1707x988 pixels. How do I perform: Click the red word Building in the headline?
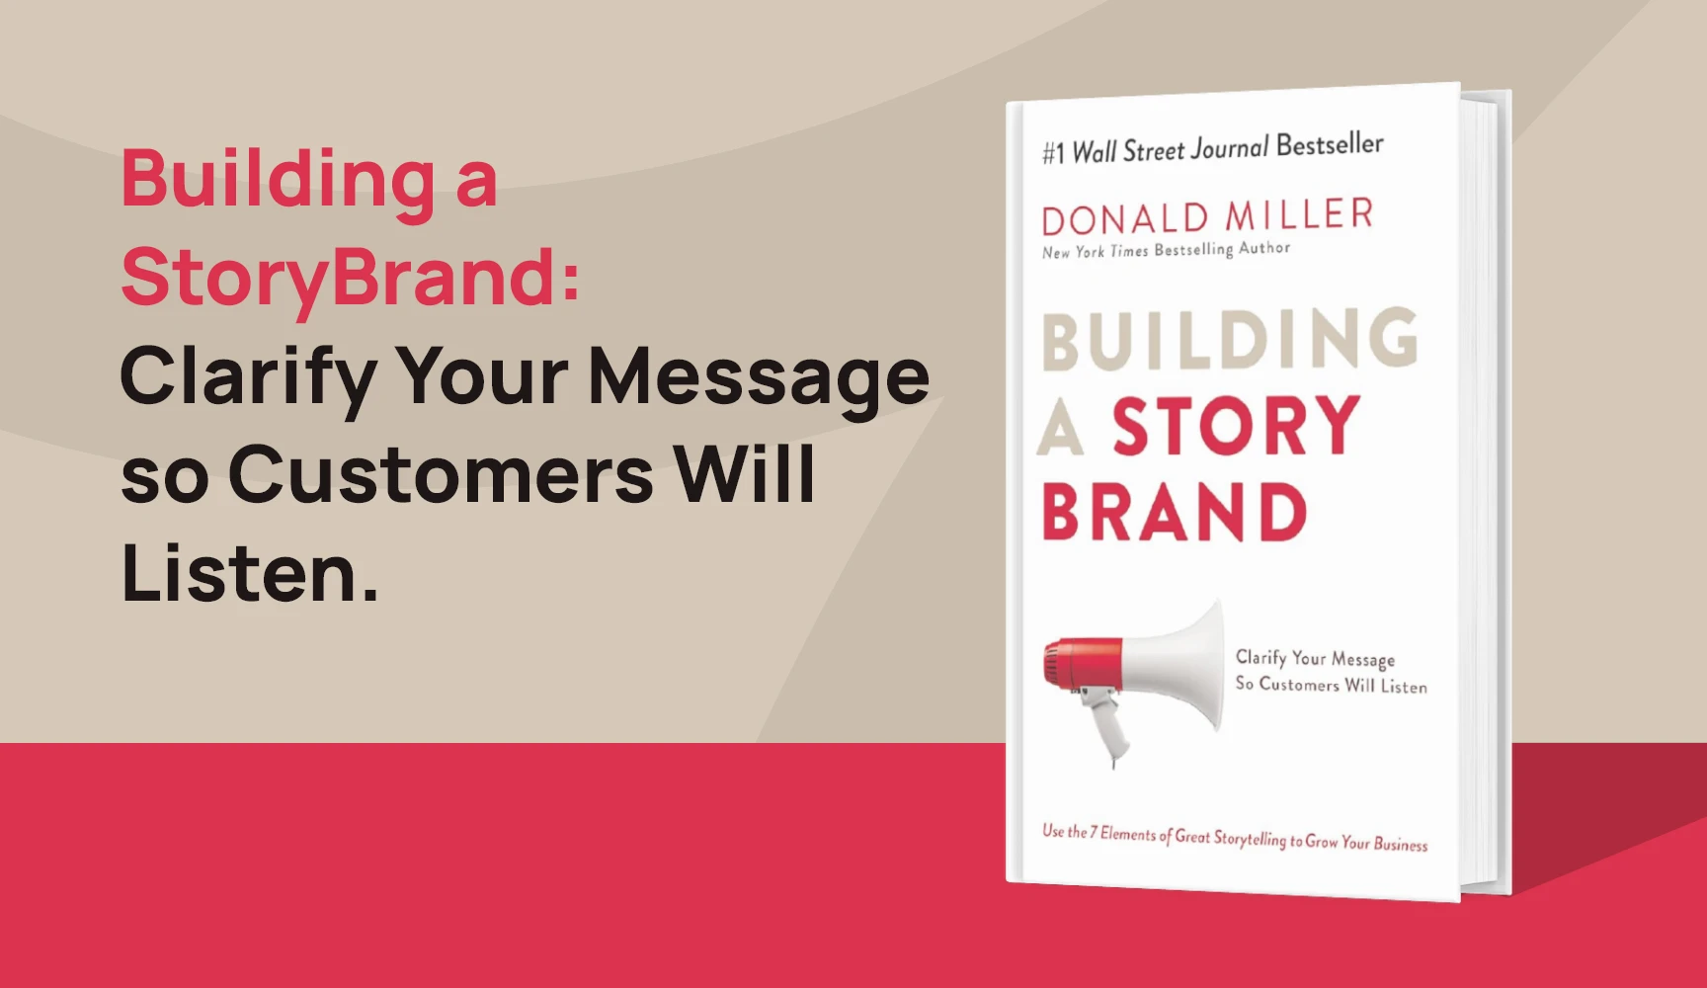(x=277, y=180)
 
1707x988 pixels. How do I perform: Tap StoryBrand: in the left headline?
(x=350, y=277)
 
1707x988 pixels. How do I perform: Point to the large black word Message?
(x=759, y=376)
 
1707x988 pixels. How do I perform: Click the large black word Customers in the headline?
(x=441, y=474)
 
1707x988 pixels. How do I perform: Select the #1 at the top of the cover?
(x=1053, y=153)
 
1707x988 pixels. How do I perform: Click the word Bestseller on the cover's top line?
(x=1330, y=145)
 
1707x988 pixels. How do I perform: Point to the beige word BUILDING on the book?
(x=1230, y=340)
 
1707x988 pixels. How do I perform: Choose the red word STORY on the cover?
(x=1237, y=426)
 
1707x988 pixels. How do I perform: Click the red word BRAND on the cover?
(x=1175, y=513)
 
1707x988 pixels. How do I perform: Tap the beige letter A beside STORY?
(x=1060, y=432)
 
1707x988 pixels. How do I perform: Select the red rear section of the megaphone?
(x=1082, y=663)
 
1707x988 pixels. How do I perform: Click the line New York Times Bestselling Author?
(x=1166, y=250)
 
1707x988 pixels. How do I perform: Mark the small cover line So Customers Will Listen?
(x=1331, y=685)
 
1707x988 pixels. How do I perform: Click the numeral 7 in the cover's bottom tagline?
(x=1094, y=833)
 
